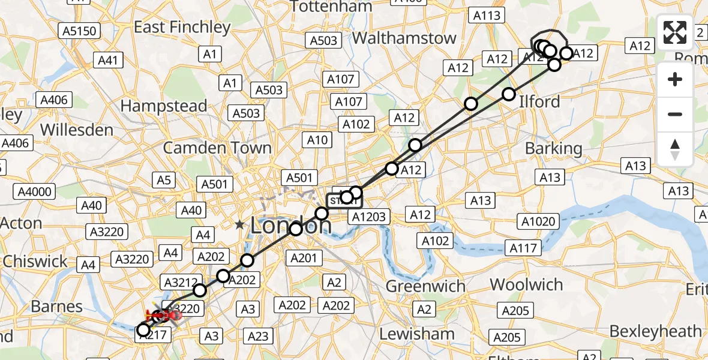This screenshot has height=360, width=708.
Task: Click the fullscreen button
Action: pos(675,32)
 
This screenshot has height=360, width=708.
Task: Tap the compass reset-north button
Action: pos(675,149)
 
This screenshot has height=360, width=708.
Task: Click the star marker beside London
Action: pos(240,225)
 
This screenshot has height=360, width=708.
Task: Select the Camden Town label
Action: pos(217,148)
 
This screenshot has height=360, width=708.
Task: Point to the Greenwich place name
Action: pos(425,286)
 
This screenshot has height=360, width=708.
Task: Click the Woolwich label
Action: pos(526,284)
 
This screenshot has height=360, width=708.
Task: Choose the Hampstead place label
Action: pos(164,106)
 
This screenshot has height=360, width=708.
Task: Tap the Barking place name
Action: pos(553,148)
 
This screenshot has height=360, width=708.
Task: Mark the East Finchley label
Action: pos(182,27)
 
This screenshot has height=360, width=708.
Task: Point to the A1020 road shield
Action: pos(538,222)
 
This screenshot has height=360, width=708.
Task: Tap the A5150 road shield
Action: pos(79,30)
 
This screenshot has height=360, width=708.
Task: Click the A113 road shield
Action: pos(487,16)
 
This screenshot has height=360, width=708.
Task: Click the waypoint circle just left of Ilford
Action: pos(509,94)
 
